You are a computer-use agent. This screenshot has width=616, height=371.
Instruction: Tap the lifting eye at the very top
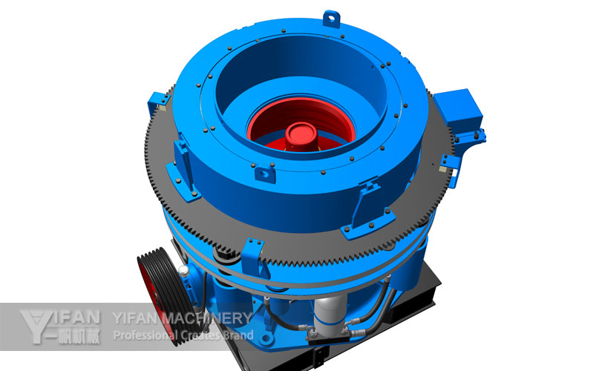[331, 19]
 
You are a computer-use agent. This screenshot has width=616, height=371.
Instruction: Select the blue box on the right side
[458, 109]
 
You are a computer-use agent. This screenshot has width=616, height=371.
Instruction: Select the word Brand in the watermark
[239, 335]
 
